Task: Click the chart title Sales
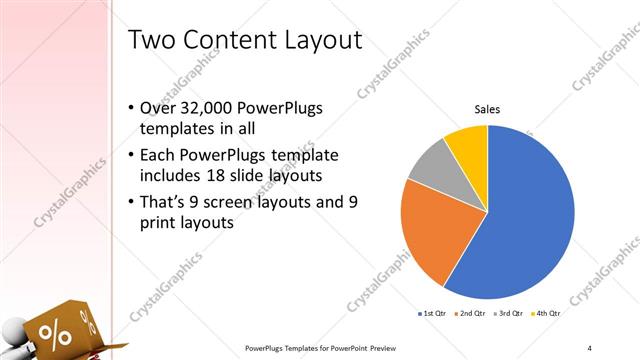pos(487,109)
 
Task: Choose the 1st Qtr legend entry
pos(433,313)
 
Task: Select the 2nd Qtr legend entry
pos(473,313)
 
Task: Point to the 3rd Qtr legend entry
pos(511,313)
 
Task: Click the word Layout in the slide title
pos(315,41)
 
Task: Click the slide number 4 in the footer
pos(589,348)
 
